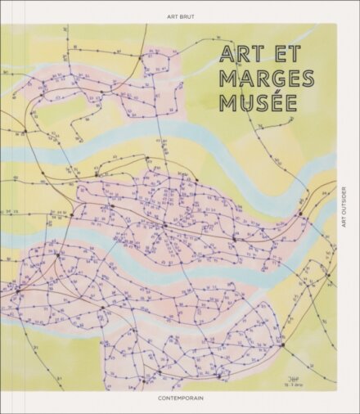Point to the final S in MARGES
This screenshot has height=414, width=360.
(307, 79)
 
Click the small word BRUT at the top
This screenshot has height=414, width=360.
(187, 16)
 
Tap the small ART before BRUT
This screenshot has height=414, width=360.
(170, 16)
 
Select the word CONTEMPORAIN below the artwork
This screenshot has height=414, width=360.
(180, 398)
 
